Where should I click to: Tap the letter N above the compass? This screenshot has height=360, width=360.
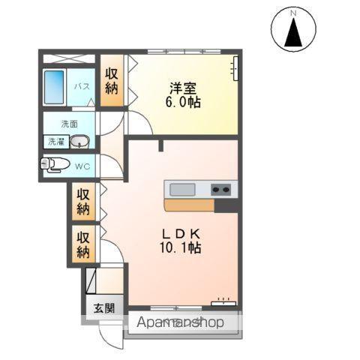point(293,12)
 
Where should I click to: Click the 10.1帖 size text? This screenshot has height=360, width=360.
point(178,247)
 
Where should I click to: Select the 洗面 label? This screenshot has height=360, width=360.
point(69,124)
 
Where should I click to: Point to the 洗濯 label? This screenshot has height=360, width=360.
point(56,142)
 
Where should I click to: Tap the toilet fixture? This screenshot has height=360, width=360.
point(55,165)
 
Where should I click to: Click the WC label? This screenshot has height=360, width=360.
point(84,166)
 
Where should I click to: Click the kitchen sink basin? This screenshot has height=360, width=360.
point(181,189)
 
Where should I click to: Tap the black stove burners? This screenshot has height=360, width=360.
point(221,189)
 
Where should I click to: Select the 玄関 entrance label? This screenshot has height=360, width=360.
point(103,307)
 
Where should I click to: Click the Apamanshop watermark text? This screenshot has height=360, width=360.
point(181,322)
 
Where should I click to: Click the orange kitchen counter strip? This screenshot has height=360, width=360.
point(189,205)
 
